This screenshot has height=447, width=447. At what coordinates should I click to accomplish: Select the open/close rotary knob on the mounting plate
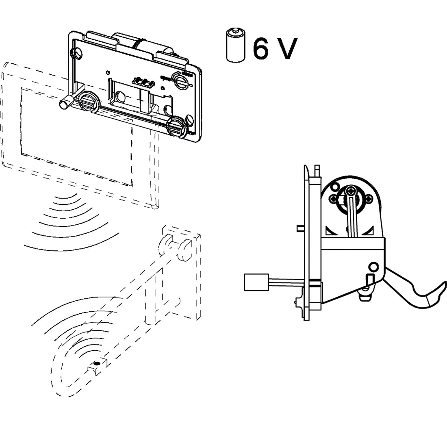click(x=180, y=78)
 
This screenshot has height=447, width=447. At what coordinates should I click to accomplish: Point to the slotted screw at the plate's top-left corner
click(x=77, y=52)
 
